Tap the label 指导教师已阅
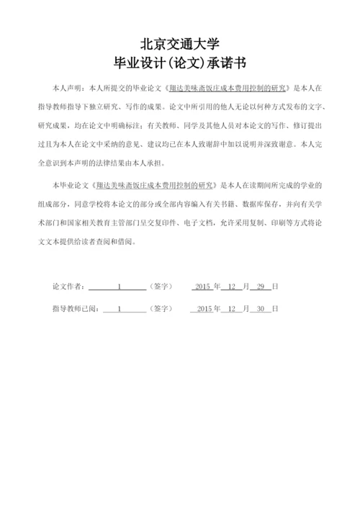(75, 308)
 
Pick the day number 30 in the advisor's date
(262, 308)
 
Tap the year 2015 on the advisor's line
(204, 308)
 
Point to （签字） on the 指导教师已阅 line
(161, 308)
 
